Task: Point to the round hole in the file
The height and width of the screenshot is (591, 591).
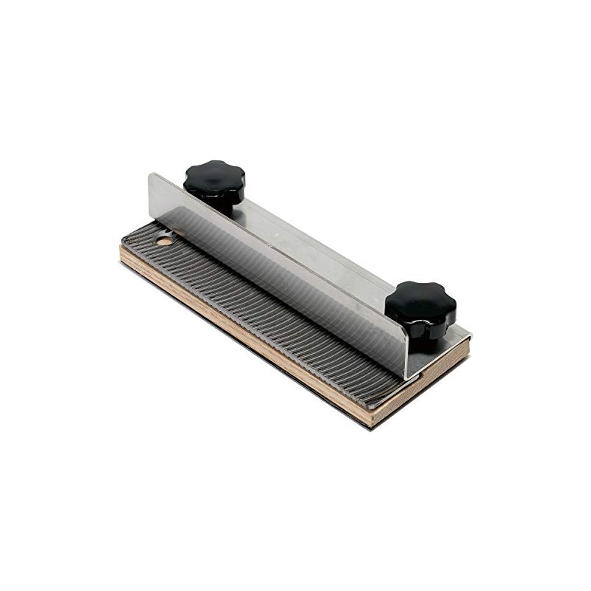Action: [x=164, y=240]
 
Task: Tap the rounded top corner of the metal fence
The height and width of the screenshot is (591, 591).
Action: [x=152, y=177]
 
